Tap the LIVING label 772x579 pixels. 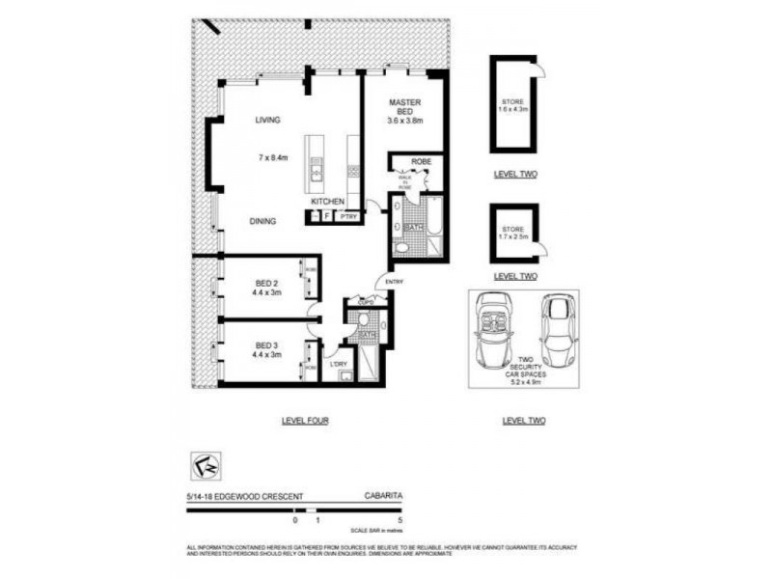[267, 121]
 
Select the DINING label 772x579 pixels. [262, 221]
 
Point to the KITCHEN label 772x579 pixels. [328, 201]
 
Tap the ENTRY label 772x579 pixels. [393, 281]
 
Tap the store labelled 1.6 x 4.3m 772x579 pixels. [513, 106]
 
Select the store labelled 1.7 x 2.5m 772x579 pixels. [513, 233]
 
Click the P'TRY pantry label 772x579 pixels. [348, 217]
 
